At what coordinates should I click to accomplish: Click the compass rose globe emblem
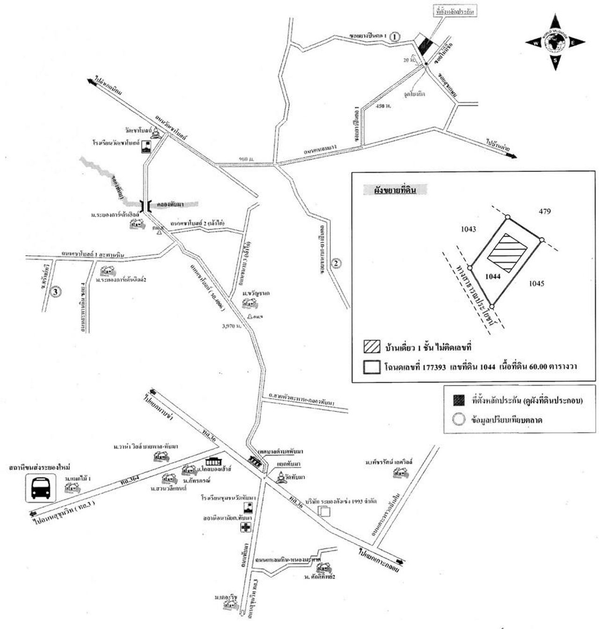pos(555,42)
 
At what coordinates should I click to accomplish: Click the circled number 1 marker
pos(395,36)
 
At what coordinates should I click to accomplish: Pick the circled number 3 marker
pos(56,292)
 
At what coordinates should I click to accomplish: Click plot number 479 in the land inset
pos(545,211)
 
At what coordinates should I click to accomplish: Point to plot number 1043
pos(468,229)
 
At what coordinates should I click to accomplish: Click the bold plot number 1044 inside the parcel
pos(493,276)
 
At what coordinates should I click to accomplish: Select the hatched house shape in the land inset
pos(508,251)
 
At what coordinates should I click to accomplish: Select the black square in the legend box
pos(459,400)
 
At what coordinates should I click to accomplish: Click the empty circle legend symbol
pos(459,419)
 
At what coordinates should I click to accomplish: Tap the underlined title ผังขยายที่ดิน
pos(395,190)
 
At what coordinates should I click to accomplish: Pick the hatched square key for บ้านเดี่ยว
pos(371,348)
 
